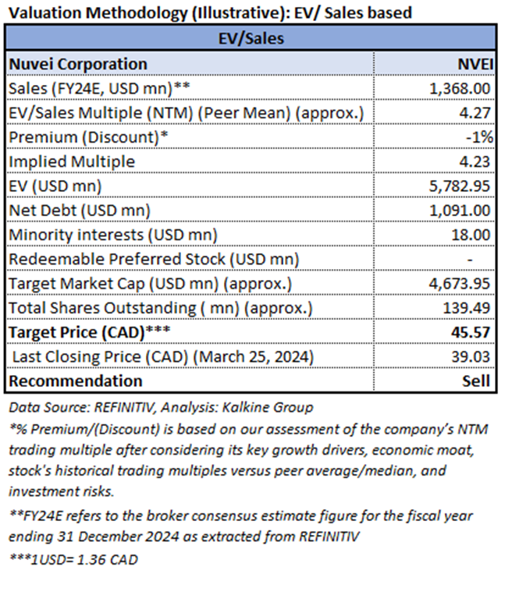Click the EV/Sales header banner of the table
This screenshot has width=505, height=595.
(251, 38)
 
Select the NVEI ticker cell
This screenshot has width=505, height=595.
(475, 64)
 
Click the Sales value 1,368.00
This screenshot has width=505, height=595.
(460, 89)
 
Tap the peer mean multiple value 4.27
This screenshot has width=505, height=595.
(475, 113)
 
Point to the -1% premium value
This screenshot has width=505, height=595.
(479, 137)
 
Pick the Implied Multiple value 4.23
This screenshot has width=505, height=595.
(475, 161)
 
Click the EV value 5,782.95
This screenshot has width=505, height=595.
(460, 186)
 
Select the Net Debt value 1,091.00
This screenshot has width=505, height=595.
(460, 211)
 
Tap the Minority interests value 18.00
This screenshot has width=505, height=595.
(471, 235)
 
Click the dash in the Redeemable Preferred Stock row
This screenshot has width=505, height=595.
(470, 260)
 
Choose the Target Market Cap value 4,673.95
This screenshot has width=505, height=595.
(460, 283)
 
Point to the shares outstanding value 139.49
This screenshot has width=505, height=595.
(467, 308)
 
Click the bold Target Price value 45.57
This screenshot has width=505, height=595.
(471, 332)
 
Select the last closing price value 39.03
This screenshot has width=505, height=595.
(471, 356)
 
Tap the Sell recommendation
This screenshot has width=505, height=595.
(476, 381)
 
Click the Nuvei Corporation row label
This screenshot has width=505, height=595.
(78, 64)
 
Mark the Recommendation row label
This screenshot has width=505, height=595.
(76, 381)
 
